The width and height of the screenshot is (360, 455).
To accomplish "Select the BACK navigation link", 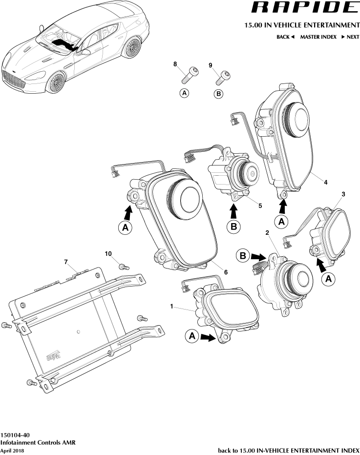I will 285,37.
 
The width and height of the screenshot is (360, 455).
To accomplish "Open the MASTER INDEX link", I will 318,37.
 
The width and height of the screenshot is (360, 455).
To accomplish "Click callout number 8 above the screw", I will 174,64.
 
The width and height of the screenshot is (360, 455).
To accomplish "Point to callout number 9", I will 211,65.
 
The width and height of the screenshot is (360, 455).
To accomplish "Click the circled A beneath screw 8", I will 184,93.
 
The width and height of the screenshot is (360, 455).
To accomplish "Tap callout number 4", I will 325,182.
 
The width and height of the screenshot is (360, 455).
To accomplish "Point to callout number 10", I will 108,253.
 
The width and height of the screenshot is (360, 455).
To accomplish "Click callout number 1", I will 171,306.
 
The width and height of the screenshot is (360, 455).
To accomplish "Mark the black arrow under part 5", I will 233,211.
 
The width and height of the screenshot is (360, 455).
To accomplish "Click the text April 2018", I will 12,450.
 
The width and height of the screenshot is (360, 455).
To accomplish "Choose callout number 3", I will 343,194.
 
